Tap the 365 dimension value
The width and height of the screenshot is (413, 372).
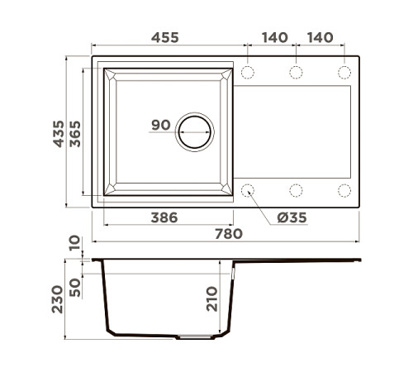tap(75, 131)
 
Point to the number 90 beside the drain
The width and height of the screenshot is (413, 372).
tap(160, 126)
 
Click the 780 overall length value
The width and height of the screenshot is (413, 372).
tap(225, 234)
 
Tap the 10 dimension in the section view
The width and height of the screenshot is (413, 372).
tap(76, 244)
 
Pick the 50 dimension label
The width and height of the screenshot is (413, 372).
tap(76, 286)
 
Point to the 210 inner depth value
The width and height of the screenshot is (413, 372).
tap(211, 298)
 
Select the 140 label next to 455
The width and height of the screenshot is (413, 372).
tap(273, 38)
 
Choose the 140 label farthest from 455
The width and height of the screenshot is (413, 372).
tap(320, 38)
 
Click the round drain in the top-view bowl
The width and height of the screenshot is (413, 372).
tap(195, 131)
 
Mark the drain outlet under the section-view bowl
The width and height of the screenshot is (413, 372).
tap(195, 337)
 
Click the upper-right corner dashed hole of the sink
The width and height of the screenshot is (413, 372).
tap(344, 73)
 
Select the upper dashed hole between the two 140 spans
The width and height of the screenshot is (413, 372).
tap(296, 73)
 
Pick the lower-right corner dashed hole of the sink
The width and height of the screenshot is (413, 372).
tap(344, 190)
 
